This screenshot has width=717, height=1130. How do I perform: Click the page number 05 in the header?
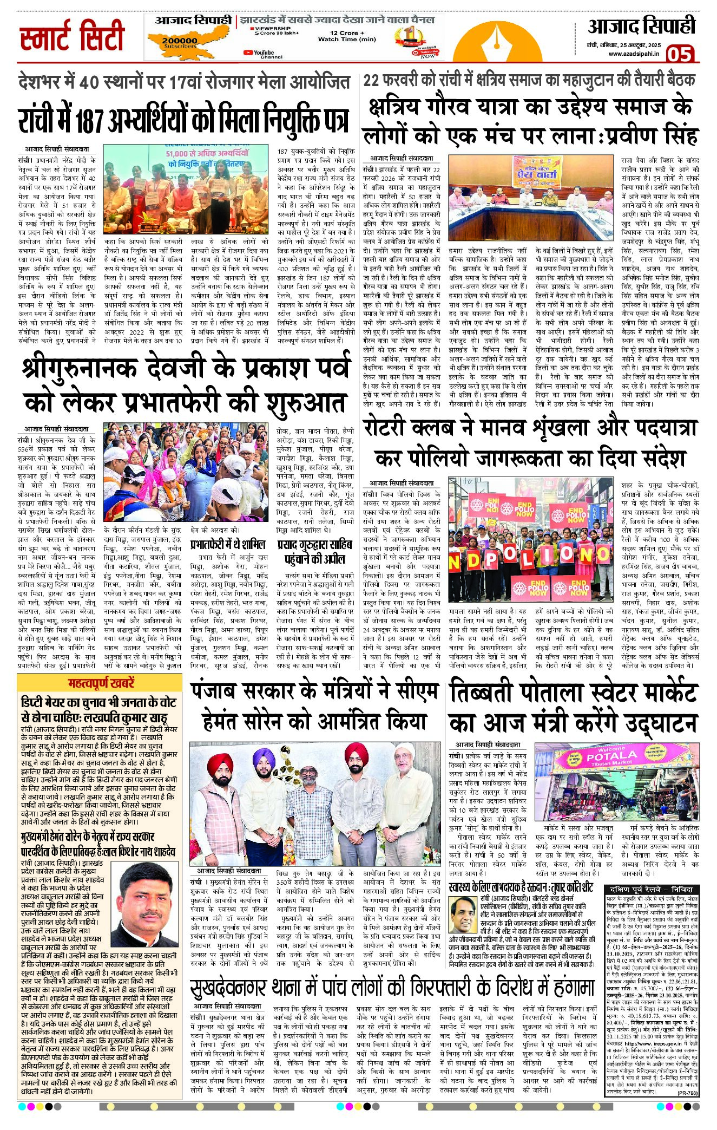pyautogui.click(x=679, y=54)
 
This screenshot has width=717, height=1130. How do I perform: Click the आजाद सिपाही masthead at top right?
pyautogui.click(x=641, y=27)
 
